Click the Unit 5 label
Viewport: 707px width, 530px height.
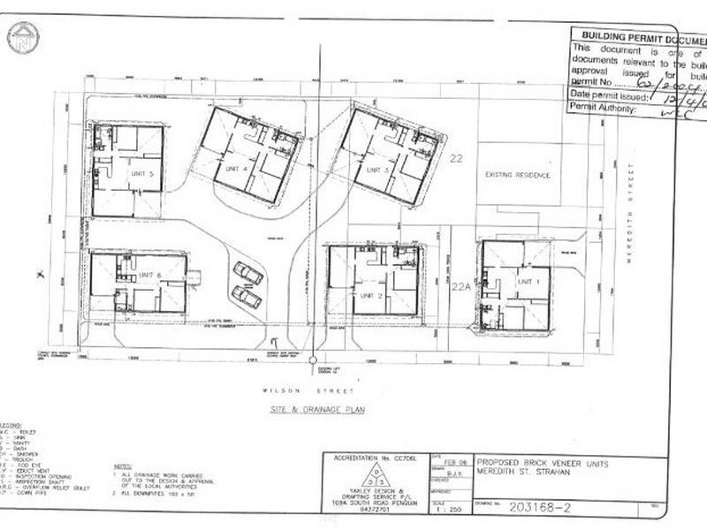point(141,174)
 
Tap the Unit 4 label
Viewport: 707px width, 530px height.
point(235,168)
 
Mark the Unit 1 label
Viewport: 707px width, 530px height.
point(528,279)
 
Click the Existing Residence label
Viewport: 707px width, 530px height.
point(518,175)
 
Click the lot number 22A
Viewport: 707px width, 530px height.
point(458,286)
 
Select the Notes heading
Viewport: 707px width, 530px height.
point(123,466)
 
